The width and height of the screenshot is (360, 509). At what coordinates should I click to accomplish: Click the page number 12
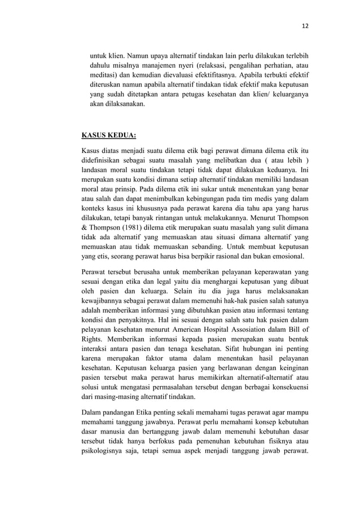point(306,25)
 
